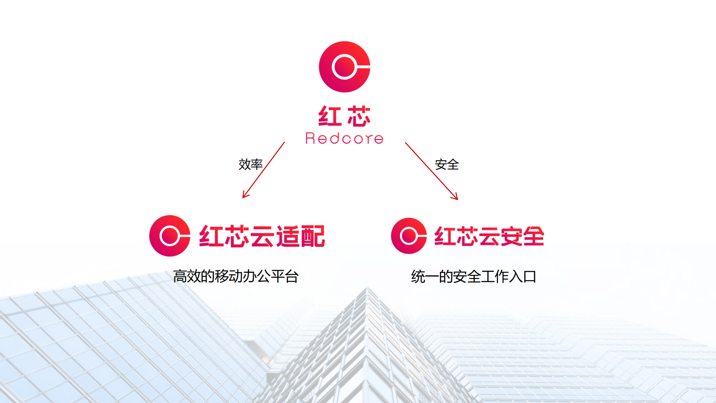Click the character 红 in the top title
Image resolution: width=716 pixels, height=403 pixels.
(329, 116)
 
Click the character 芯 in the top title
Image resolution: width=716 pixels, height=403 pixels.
(359, 116)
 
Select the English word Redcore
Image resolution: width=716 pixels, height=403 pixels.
(344, 139)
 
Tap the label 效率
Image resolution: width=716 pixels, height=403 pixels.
(250, 164)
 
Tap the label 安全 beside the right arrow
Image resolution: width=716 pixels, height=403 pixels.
(446, 164)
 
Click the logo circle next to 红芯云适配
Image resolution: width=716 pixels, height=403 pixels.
(169, 236)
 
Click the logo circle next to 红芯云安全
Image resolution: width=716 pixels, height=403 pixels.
(409, 236)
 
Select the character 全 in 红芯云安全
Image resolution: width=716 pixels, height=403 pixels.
(533, 236)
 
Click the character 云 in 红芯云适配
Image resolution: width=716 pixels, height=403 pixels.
(262, 236)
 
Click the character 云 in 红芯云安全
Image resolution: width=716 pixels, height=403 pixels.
(489, 236)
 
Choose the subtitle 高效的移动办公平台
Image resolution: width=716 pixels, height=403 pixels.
(235, 276)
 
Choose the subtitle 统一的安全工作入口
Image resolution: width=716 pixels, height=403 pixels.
(473, 277)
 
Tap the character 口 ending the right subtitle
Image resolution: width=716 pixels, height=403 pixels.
(530, 277)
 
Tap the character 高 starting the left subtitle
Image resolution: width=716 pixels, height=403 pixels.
(180, 276)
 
